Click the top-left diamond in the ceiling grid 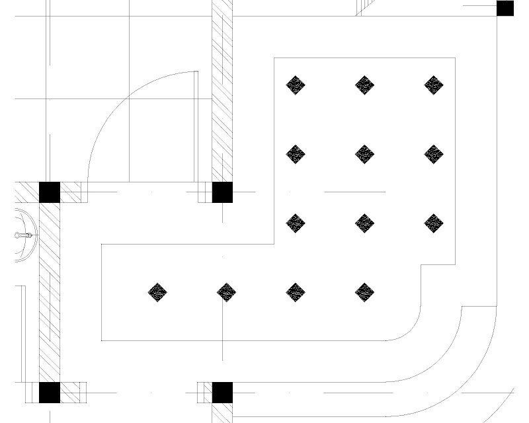click(296, 85)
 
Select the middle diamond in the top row click(364, 85)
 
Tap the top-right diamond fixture click(433, 85)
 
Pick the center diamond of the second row click(364, 154)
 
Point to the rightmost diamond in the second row click(433, 154)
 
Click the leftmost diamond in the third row click(296, 223)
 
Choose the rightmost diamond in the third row click(433, 223)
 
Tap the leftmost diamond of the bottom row click(157, 292)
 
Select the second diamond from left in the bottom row click(227, 292)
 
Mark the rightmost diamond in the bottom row click(364, 292)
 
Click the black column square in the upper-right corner click(505, 9)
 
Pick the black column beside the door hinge click(222, 192)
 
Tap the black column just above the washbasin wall click(50, 192)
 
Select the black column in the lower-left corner click(50, 393)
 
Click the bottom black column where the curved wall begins click(222, 393)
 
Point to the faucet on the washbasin click(24, 235)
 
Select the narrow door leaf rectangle click(196, 126)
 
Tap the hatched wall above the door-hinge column click(222, 86)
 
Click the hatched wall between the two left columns click(50, 291)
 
